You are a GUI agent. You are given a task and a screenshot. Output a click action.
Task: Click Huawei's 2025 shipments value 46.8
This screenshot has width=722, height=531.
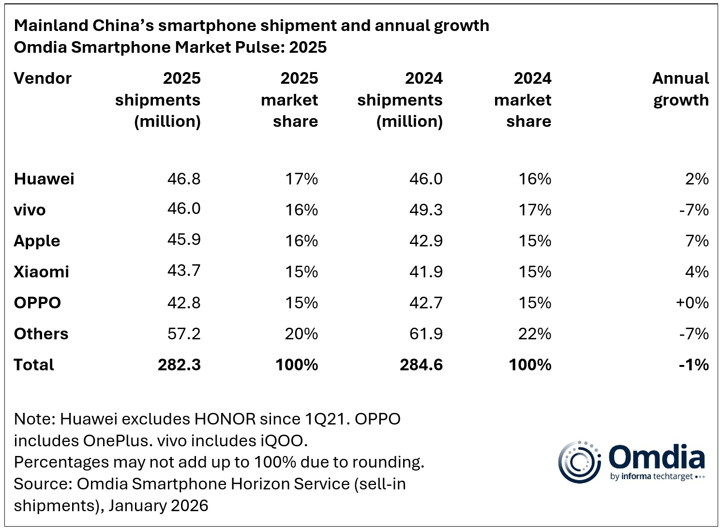[184, 179]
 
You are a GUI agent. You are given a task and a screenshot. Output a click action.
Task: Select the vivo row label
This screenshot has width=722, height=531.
[30, 210]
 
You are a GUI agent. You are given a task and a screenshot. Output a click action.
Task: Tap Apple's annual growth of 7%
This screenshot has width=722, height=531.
[697, 241]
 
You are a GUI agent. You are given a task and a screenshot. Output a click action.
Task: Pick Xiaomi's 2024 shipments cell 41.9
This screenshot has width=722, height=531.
[426, 272]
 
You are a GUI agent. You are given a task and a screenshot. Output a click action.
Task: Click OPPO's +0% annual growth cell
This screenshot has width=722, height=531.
[692, 303]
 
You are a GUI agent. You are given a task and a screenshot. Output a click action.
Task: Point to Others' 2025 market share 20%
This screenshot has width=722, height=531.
[301, 334]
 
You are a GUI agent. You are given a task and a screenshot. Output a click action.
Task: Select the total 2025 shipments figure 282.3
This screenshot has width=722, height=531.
[179, 365]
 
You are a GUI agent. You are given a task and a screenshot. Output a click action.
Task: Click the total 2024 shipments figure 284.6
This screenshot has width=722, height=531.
[421, 365]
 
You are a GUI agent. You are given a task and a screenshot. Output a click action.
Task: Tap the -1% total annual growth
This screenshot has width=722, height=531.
[693, 365]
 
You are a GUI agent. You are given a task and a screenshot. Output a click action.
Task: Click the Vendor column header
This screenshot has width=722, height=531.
[43, 78]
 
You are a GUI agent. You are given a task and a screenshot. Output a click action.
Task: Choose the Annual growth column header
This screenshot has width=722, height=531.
[680, 89]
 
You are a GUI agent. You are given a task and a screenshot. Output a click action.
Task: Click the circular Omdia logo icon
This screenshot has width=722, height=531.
[579, 462]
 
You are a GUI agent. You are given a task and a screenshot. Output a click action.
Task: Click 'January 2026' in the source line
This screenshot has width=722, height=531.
[158, 505]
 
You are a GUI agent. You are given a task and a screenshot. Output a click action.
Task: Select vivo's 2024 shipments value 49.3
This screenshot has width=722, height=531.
[426, 210]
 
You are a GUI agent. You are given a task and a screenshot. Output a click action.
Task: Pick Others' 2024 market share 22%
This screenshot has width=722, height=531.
[534, 334]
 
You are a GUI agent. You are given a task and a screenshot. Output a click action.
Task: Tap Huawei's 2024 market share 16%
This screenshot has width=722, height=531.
[534, 179]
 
